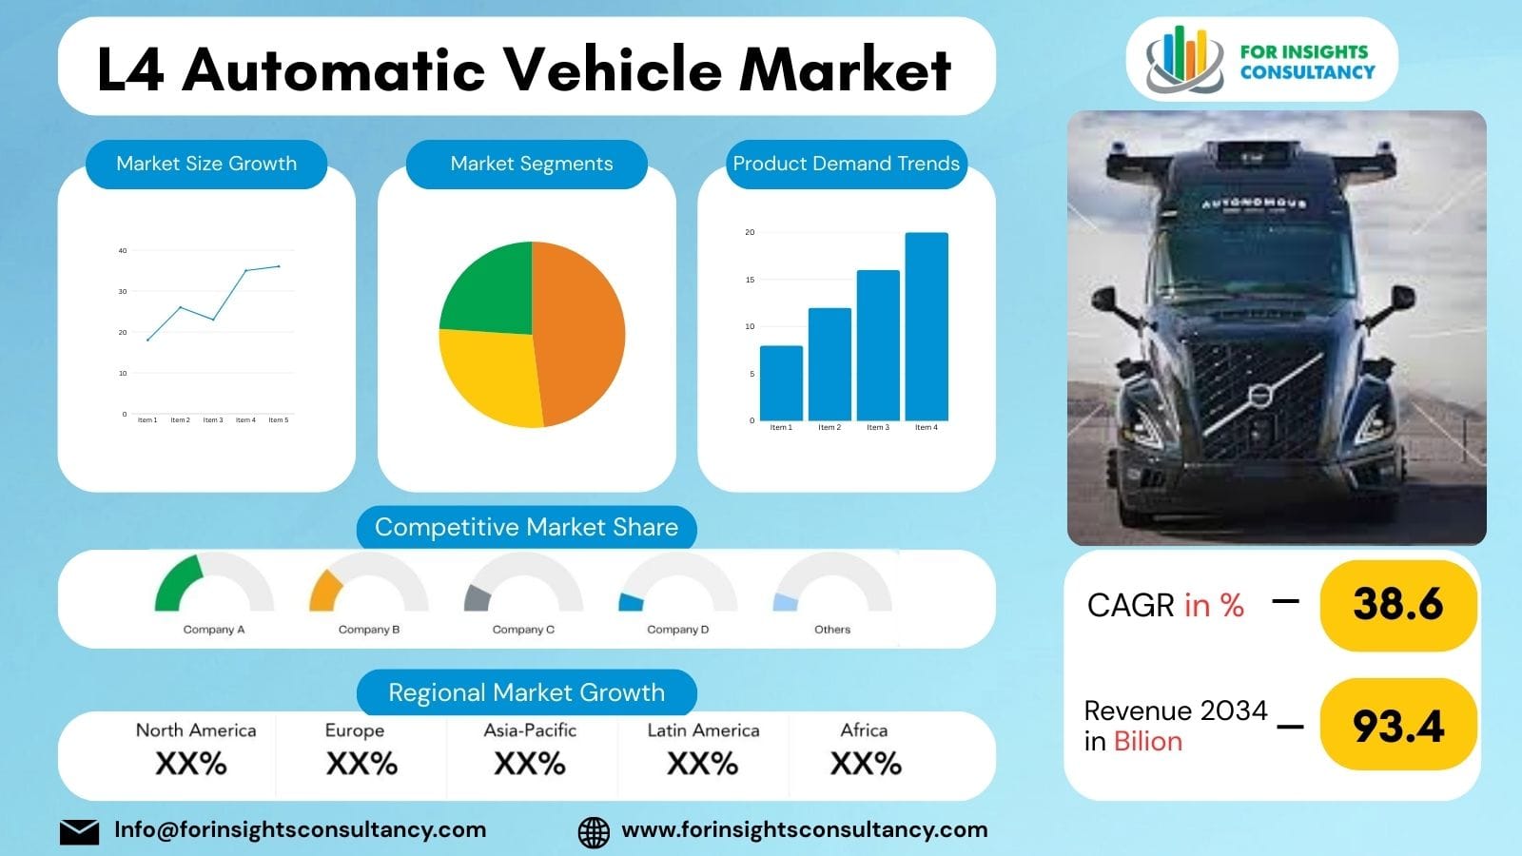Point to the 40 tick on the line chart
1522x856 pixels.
[x=123, y=251]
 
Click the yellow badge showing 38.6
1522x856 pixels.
[x=1397, y=605]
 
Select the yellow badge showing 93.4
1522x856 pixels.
[x=1397, y=726]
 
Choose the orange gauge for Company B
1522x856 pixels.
[x=325, y=590]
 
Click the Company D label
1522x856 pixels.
[x=677, y=630]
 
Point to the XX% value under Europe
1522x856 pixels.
[x=361, y=764]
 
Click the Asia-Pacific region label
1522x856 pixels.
[x=530, y=730]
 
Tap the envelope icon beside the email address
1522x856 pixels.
[x=79, y=831]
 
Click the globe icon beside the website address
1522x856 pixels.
[x=594, y=831]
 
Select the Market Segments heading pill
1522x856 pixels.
[x=531, y=164]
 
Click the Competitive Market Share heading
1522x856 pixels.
[x=526, y=527]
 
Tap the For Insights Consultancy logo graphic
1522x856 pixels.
[x=1184, y=59]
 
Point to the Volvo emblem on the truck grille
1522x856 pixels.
[x=1260, y=393]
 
